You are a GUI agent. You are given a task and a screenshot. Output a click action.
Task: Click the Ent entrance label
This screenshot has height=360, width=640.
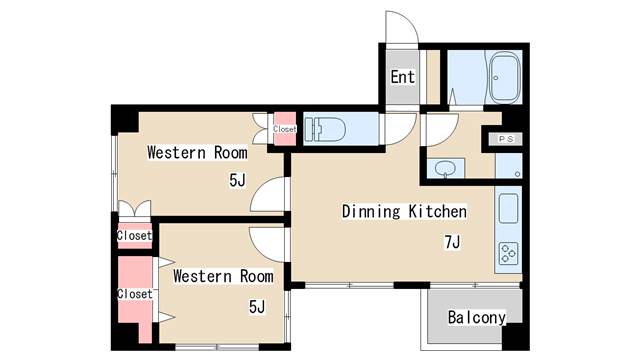point(402,77)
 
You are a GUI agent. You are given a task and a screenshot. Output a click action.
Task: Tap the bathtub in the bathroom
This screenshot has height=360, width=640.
point(504,78)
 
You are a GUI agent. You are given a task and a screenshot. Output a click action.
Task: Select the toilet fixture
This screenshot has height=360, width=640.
point(325,129)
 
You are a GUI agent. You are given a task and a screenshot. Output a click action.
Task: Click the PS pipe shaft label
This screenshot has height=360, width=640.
point(506,139)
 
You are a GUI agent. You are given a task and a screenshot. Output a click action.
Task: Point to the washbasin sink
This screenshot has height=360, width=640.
point(445,168)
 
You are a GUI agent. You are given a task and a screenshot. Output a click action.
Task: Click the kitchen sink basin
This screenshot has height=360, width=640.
point(508,208)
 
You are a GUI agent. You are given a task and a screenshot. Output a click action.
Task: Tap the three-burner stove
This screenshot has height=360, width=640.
point(509,253)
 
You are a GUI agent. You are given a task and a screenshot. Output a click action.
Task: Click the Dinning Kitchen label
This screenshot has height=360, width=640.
point(404,211)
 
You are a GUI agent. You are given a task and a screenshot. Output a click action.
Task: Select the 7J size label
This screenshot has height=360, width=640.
point(452,242)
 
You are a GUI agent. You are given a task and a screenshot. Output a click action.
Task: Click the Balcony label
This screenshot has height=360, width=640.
point(477,317)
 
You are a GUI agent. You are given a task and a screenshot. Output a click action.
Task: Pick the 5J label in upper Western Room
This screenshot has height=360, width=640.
point(238,180)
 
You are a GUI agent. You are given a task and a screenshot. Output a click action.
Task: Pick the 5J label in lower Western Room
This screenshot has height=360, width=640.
point(257,307)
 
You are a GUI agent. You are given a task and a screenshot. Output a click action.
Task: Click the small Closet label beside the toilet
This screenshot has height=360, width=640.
point(284,129)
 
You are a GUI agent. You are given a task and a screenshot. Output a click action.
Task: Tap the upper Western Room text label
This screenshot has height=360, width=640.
point(197,152)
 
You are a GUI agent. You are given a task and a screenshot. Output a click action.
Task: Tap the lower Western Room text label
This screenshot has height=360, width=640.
point(223,276)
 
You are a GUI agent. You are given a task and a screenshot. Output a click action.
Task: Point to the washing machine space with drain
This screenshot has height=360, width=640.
point(509,166)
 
